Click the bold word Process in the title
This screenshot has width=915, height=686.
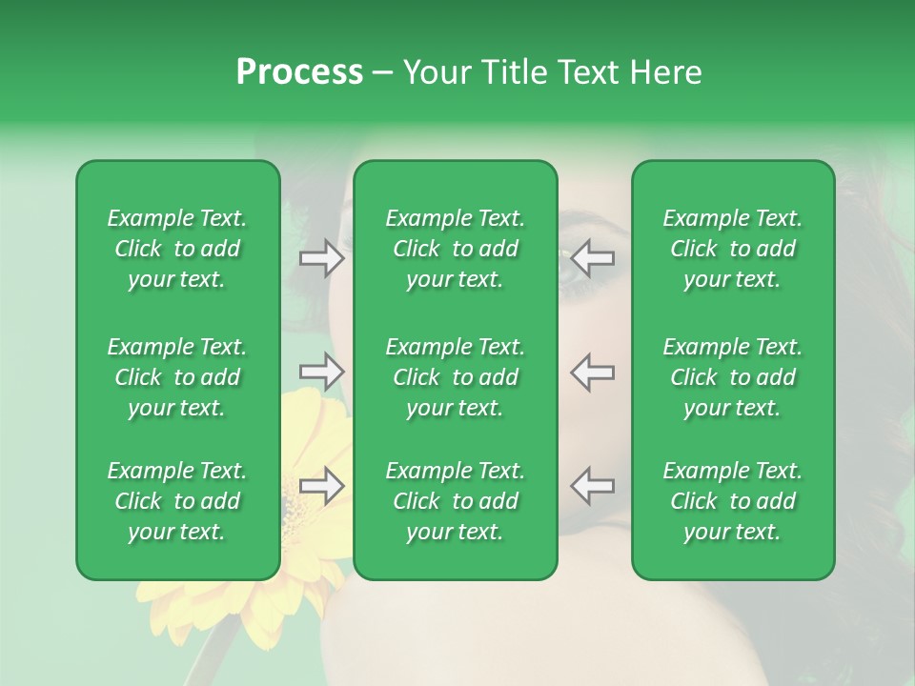pyautogui.click(x=299, y=72)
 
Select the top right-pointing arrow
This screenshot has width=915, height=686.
pyautogui.click(x=321, y=258)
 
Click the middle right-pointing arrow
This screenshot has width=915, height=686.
pyautogui.click(x=321, y=372)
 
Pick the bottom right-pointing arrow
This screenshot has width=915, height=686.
pyautogui.click(x=321, y=486)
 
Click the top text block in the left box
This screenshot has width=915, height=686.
pyautogui.click(x=177, y=249)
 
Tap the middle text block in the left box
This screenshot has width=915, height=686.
pyautogui.click(x=177, y=377)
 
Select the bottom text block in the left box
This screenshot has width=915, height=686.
pyautogui.click(x=177, y=501)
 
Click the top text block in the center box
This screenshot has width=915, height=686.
pyautogui.click(x=455, y=249)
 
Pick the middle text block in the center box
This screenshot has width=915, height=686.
pyautogui.click(x=455, y=377)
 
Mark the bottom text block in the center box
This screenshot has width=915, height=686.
pyautogui.click(x=455, y=501)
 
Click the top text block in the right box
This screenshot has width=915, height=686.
pyautogui.click(x=733, y=249)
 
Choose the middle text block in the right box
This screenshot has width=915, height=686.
pyautogui.click(x=733, y=377)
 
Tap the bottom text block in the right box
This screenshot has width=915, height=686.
pyautogui.click(x=733, y=501)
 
